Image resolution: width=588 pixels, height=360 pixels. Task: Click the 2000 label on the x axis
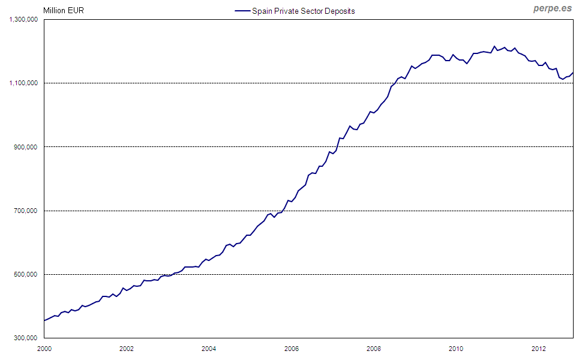point(44,348)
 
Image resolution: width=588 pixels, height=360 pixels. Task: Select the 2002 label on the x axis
point(126,348)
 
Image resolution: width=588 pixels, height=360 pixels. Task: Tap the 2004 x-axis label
point(209,348)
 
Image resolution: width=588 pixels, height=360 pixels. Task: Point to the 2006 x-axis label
point(291,348)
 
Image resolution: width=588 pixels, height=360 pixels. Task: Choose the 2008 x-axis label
point(373,348)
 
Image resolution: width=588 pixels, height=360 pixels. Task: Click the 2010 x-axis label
point(456,348)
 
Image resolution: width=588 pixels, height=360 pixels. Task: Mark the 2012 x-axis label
point(538,348)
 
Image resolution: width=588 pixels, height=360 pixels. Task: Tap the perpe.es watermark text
point(552,9)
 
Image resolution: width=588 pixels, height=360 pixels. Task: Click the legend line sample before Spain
point(241,11)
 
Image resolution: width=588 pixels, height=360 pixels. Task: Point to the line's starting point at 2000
point(44,320)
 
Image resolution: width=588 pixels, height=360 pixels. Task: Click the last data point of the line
point(573,73)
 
